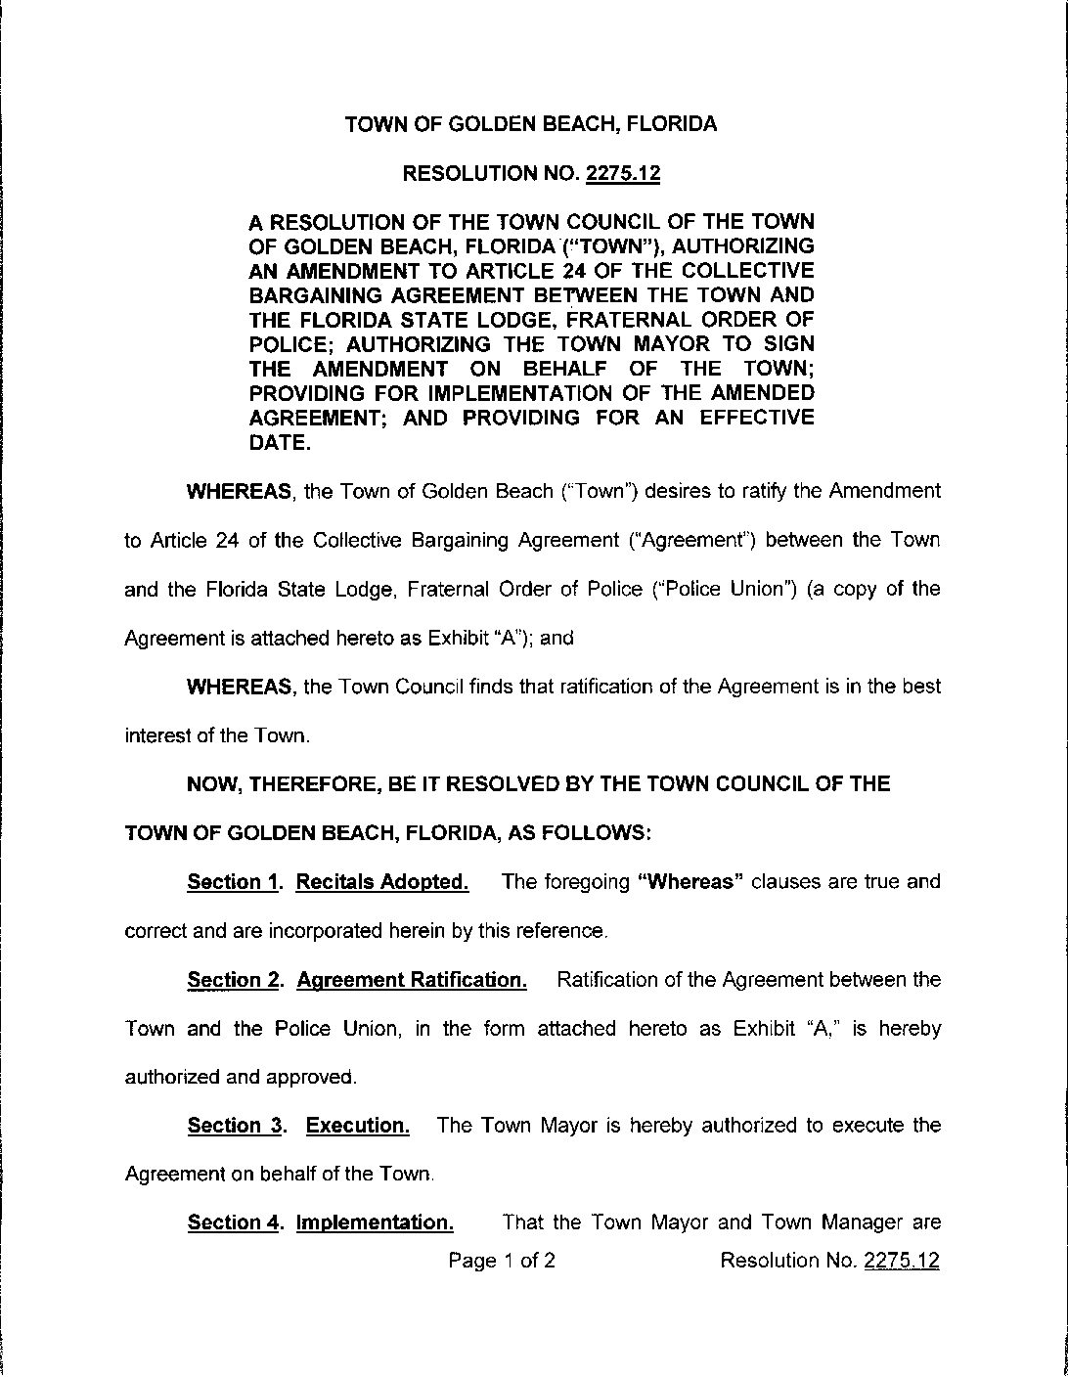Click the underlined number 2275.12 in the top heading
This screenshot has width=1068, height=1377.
coord(623,174)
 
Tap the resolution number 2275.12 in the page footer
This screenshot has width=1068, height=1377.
coord(902,1261)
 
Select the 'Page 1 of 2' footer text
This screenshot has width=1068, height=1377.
coord(502,1261)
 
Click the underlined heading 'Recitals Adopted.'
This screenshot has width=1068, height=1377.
coord(381,882)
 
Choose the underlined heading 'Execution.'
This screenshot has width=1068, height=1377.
coord(358,1126)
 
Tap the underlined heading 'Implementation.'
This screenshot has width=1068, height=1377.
coord(375,1222)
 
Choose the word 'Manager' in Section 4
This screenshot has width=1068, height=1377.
coord(844,1222)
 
